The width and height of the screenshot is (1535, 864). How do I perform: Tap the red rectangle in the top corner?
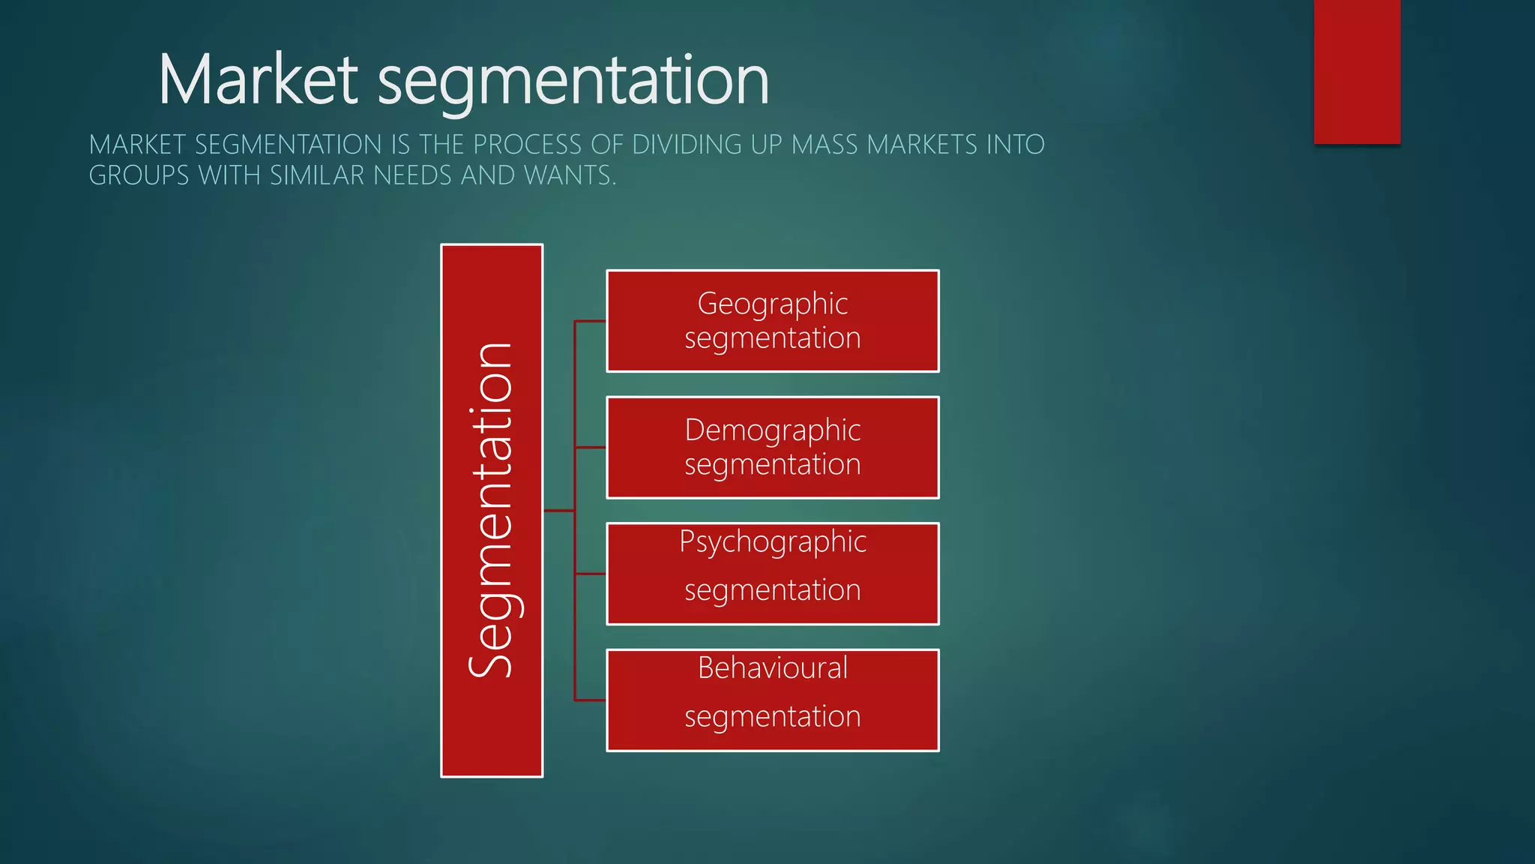click(x=1357, y=71)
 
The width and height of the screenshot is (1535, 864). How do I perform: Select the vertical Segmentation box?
click(x=492, y=510)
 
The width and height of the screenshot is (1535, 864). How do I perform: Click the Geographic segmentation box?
click(x=772, y=321)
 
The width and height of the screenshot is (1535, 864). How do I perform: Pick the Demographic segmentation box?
click(x=772, y=448)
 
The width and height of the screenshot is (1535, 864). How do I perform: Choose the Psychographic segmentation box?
click(x=772, y=574)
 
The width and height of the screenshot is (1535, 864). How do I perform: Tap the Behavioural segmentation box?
click(x=772, y=700)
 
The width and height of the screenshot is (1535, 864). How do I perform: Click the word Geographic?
click(x=772, y=304)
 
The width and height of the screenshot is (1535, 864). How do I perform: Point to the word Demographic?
click(x=772, y=430)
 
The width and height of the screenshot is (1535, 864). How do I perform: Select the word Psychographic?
click(x=772, y=541)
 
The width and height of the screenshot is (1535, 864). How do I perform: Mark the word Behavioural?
click(x=772, y=667)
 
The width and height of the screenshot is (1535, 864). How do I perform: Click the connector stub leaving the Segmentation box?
click(x=558, y=511)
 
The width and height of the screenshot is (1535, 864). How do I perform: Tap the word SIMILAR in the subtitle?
click(x=317, y=175)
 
